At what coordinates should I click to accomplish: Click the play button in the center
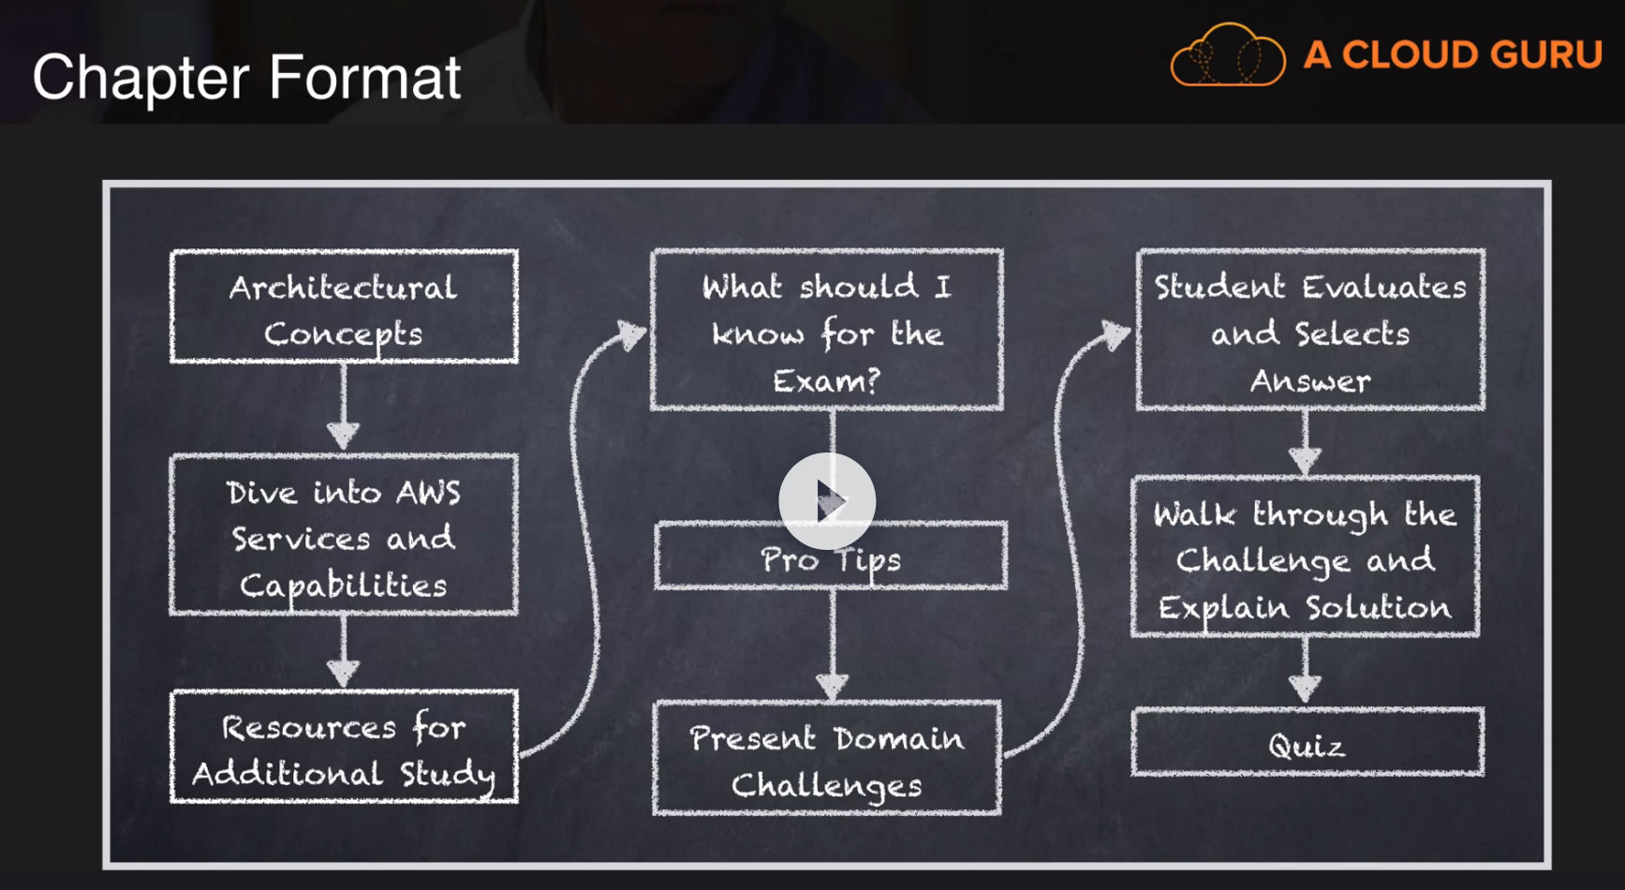827,501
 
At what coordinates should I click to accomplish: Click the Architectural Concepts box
344,307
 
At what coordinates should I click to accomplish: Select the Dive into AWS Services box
344,536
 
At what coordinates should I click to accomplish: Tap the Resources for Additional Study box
344,748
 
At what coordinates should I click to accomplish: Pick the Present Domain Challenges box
827,759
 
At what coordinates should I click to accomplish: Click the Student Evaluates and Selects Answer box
1310,330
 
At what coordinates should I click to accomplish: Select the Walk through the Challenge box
1305,558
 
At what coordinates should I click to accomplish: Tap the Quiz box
1307,744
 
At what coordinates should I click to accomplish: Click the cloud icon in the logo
1228,55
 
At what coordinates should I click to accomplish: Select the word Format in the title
365,77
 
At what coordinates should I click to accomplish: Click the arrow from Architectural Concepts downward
344,408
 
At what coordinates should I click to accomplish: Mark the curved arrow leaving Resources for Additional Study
584,525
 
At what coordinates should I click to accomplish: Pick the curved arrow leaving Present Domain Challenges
1068,525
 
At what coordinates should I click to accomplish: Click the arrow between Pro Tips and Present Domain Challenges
832,646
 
